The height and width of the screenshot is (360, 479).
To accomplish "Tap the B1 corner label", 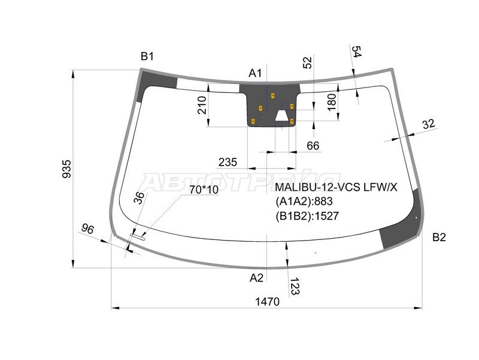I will [x=147, y=56].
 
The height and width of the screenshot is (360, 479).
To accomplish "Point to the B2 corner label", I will [x=439, y=237].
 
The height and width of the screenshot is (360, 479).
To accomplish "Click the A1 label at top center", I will [x=256, y=73].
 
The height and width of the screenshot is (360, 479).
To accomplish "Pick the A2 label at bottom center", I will [x=256, y=277].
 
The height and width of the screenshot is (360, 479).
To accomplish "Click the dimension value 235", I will [x=228, y=162].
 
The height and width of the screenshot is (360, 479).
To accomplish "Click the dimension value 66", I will [x=313, y=146].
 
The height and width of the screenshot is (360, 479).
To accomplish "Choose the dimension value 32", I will [x=428, y=124].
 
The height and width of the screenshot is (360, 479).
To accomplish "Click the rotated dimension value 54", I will [x=357, y=52].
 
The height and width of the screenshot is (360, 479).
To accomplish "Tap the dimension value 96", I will [x=88, y=229].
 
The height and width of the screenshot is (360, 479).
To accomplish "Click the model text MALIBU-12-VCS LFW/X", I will [x=336, y=188].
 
